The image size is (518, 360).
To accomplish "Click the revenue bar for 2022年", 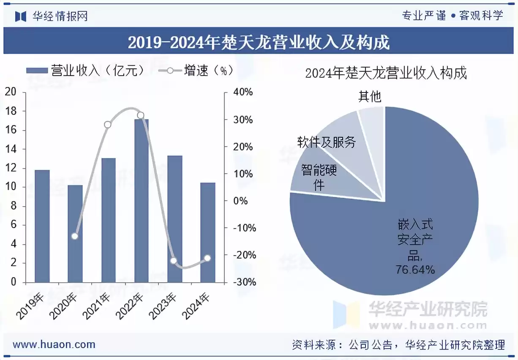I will click(142, 201).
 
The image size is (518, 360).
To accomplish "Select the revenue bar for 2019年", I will click(42, 226).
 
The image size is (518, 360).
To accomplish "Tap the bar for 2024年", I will click(207, 232).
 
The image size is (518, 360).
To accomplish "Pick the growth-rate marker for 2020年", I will click(75, 236).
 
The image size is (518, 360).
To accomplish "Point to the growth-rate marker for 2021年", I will click(108, 125).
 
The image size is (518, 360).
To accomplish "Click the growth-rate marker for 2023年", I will click(174, 261).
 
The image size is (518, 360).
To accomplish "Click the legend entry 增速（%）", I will click(196, 71).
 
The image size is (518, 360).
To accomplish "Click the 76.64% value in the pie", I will click(415, 270).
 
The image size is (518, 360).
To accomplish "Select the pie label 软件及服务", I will click(326, 142).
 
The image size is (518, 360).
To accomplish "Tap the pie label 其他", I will click(370, 97).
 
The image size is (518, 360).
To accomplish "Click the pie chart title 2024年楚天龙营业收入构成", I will click(386, 73).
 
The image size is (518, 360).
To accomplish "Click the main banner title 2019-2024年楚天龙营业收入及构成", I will click(259, 42).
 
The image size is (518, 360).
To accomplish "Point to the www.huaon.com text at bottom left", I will click(54, 344).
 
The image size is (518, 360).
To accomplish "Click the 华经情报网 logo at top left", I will click(52, 16).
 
